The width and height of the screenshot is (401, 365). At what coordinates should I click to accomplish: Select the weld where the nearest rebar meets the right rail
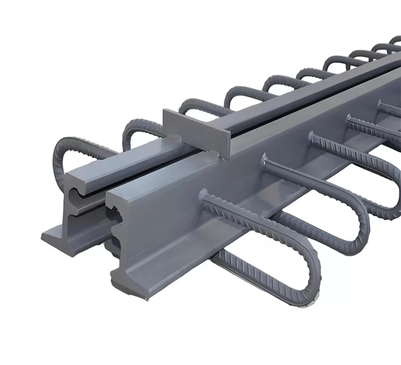click(x=204, y=196)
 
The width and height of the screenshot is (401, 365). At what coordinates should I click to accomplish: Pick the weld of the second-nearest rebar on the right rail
click(x=265, y=160)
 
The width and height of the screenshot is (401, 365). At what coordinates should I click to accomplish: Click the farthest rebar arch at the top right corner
click(x=395, y=40)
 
